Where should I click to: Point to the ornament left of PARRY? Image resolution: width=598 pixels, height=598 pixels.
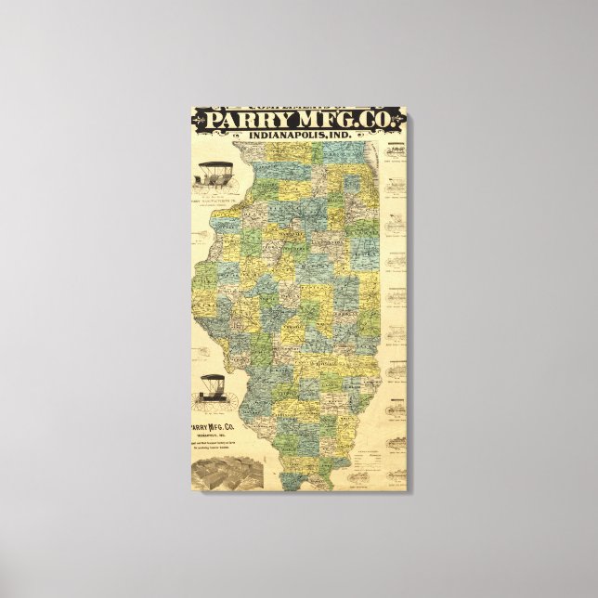[199, 119]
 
